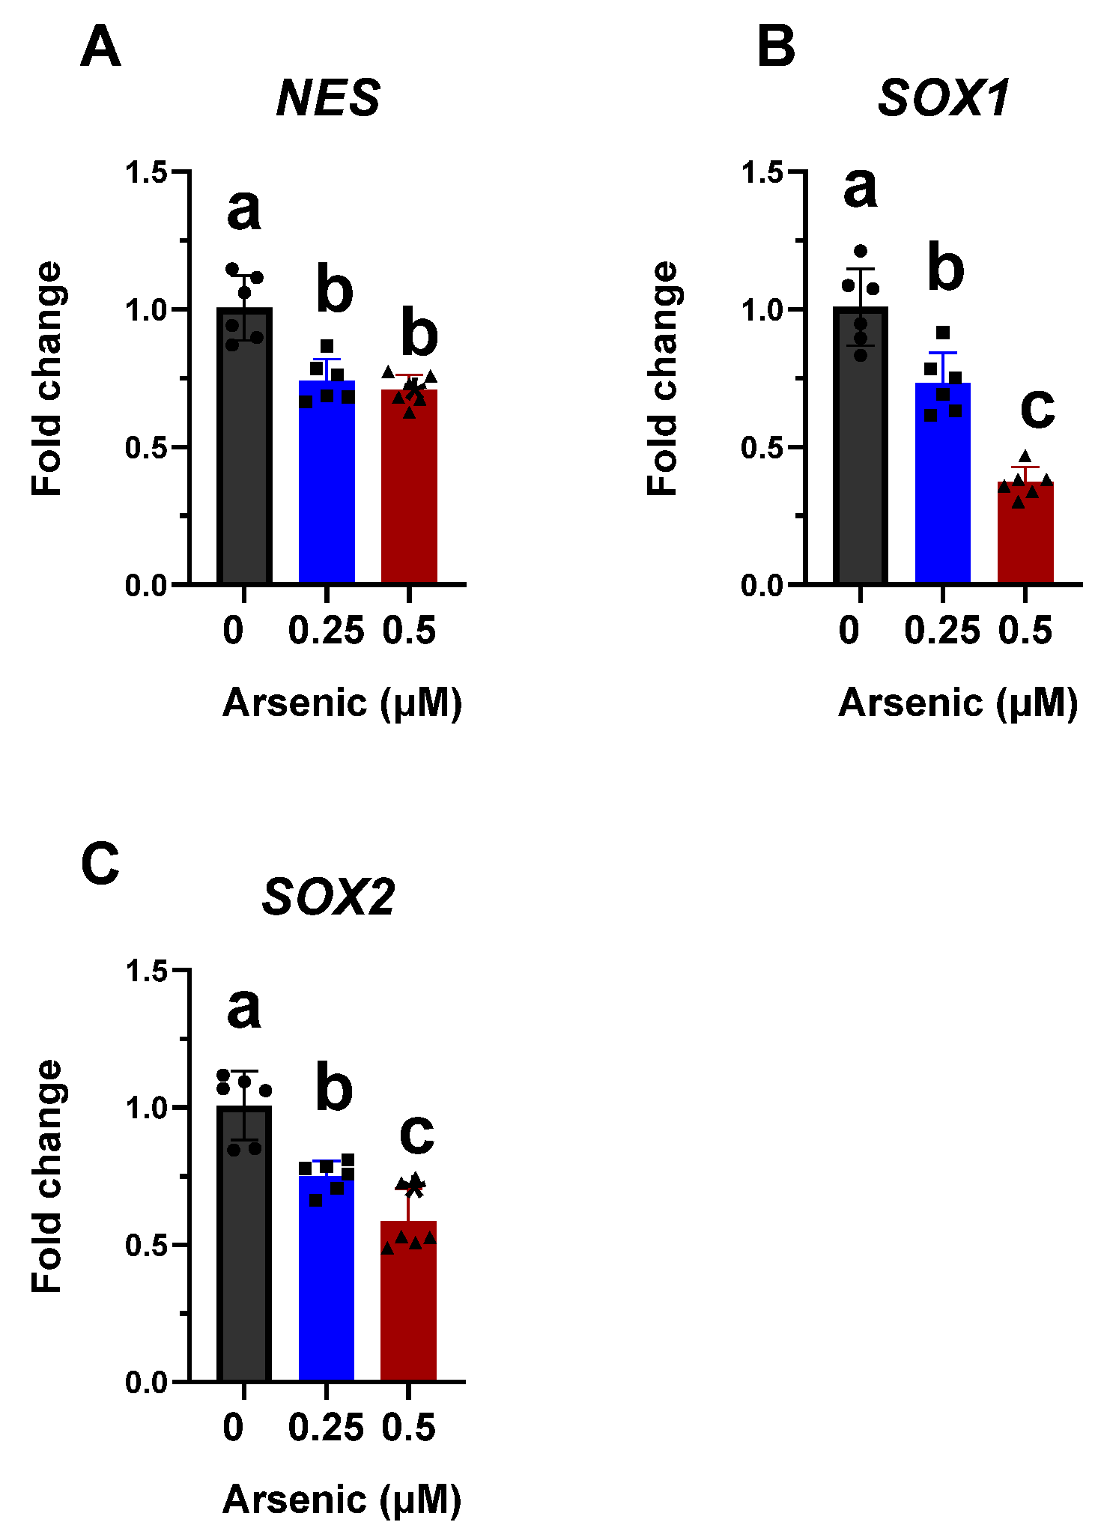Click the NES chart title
328,98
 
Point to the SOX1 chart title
944,98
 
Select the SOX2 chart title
328,897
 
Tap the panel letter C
100,863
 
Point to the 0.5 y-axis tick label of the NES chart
146,448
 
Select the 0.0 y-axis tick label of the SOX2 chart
146,1383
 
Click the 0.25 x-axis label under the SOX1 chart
941,631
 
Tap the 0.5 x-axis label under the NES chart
409,631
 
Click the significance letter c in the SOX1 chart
1037,410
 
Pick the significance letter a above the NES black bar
244,210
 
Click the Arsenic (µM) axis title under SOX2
342,1500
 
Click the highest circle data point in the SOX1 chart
861,251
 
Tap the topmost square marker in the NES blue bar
327,346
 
